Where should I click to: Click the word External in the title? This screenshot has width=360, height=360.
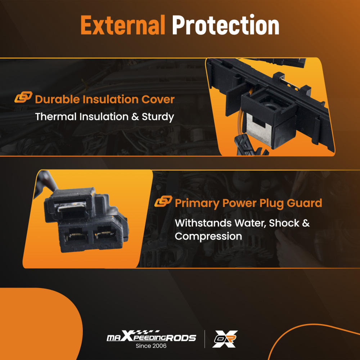pyautogui.click(x=123, y=25)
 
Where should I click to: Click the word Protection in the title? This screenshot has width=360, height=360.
pyautogui.click(x=226, y=25)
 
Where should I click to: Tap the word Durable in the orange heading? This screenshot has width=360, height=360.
pyautogui.click(x=57, y=99)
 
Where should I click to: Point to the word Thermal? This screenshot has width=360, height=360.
pyautogui.click(x=56, y=117)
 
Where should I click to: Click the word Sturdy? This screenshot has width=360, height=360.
pyautogui.click(x=158, y=117)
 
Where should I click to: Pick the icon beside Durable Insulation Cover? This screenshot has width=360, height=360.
pyautogui.click(x=23, y=97)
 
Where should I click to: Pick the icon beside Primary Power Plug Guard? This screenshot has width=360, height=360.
pyautogui.click(x=163, y=201)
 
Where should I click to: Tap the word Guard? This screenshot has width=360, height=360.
pyautogui.click(x=305, y=203)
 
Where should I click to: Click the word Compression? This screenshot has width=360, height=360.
pyautogui.click(x=208, y=237)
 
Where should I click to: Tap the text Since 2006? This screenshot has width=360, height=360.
pyautogui.click(x=151, y=346)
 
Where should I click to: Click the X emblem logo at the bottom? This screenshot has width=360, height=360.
pyautogui.click(x=225, y=339)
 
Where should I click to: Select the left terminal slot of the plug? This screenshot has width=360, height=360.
pyautogui.click(x=75, y=236)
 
